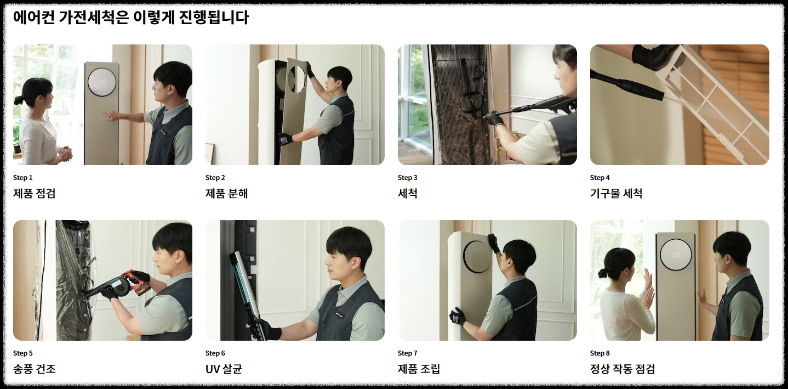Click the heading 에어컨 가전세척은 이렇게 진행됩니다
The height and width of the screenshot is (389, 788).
coord(131,17)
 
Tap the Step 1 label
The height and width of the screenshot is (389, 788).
coord(22,178)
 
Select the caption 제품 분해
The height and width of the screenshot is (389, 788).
coord(226,194)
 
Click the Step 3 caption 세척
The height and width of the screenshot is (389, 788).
coord(407,194)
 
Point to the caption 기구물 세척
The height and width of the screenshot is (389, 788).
coord(616,194)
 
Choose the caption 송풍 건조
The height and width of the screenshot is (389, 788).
coord(35,369)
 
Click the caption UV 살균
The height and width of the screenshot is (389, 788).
coord(224,369)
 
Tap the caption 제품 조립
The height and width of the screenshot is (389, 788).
coord(419,369)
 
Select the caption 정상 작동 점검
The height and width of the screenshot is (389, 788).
coord(623,369)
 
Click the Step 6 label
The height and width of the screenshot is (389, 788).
coord(215,353)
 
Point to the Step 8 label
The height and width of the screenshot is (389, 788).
coord(600,353)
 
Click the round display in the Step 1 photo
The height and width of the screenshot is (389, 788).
coord(102,82)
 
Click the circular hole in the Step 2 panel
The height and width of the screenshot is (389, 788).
coord(297,79)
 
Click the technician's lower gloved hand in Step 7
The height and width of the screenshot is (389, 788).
coord(458,316)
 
